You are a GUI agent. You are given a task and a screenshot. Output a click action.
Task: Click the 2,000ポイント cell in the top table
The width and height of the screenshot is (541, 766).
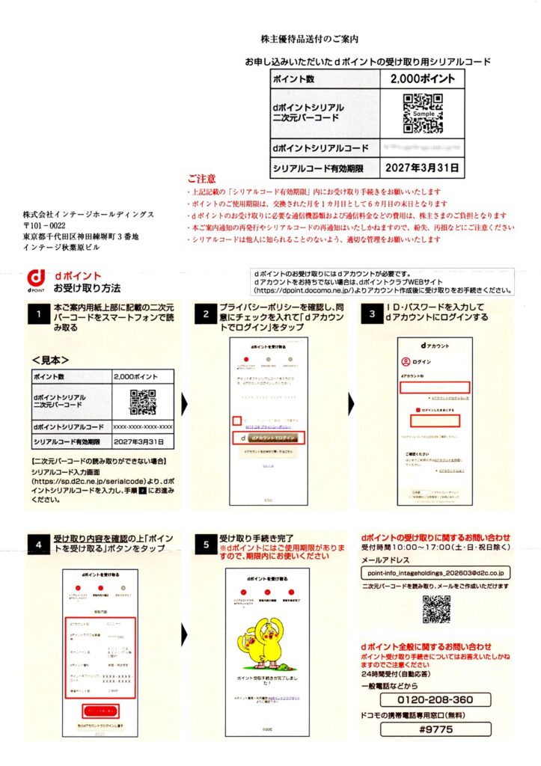(422, 79)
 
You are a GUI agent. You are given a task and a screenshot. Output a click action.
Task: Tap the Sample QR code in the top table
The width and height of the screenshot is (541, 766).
(423, 112)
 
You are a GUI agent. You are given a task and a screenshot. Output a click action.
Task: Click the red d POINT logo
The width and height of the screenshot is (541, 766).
(37, 281)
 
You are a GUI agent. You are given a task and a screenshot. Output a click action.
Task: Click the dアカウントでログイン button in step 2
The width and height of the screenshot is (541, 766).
(272, 438)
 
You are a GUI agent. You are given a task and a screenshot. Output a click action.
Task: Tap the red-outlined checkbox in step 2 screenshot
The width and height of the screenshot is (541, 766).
(236, 420)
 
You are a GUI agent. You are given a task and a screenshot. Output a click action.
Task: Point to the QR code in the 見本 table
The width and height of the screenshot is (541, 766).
(142, 402)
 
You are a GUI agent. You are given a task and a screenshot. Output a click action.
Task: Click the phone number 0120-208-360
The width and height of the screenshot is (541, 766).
(435, 700)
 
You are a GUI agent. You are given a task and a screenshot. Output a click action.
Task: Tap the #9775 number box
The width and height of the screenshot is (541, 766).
(435, 729)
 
